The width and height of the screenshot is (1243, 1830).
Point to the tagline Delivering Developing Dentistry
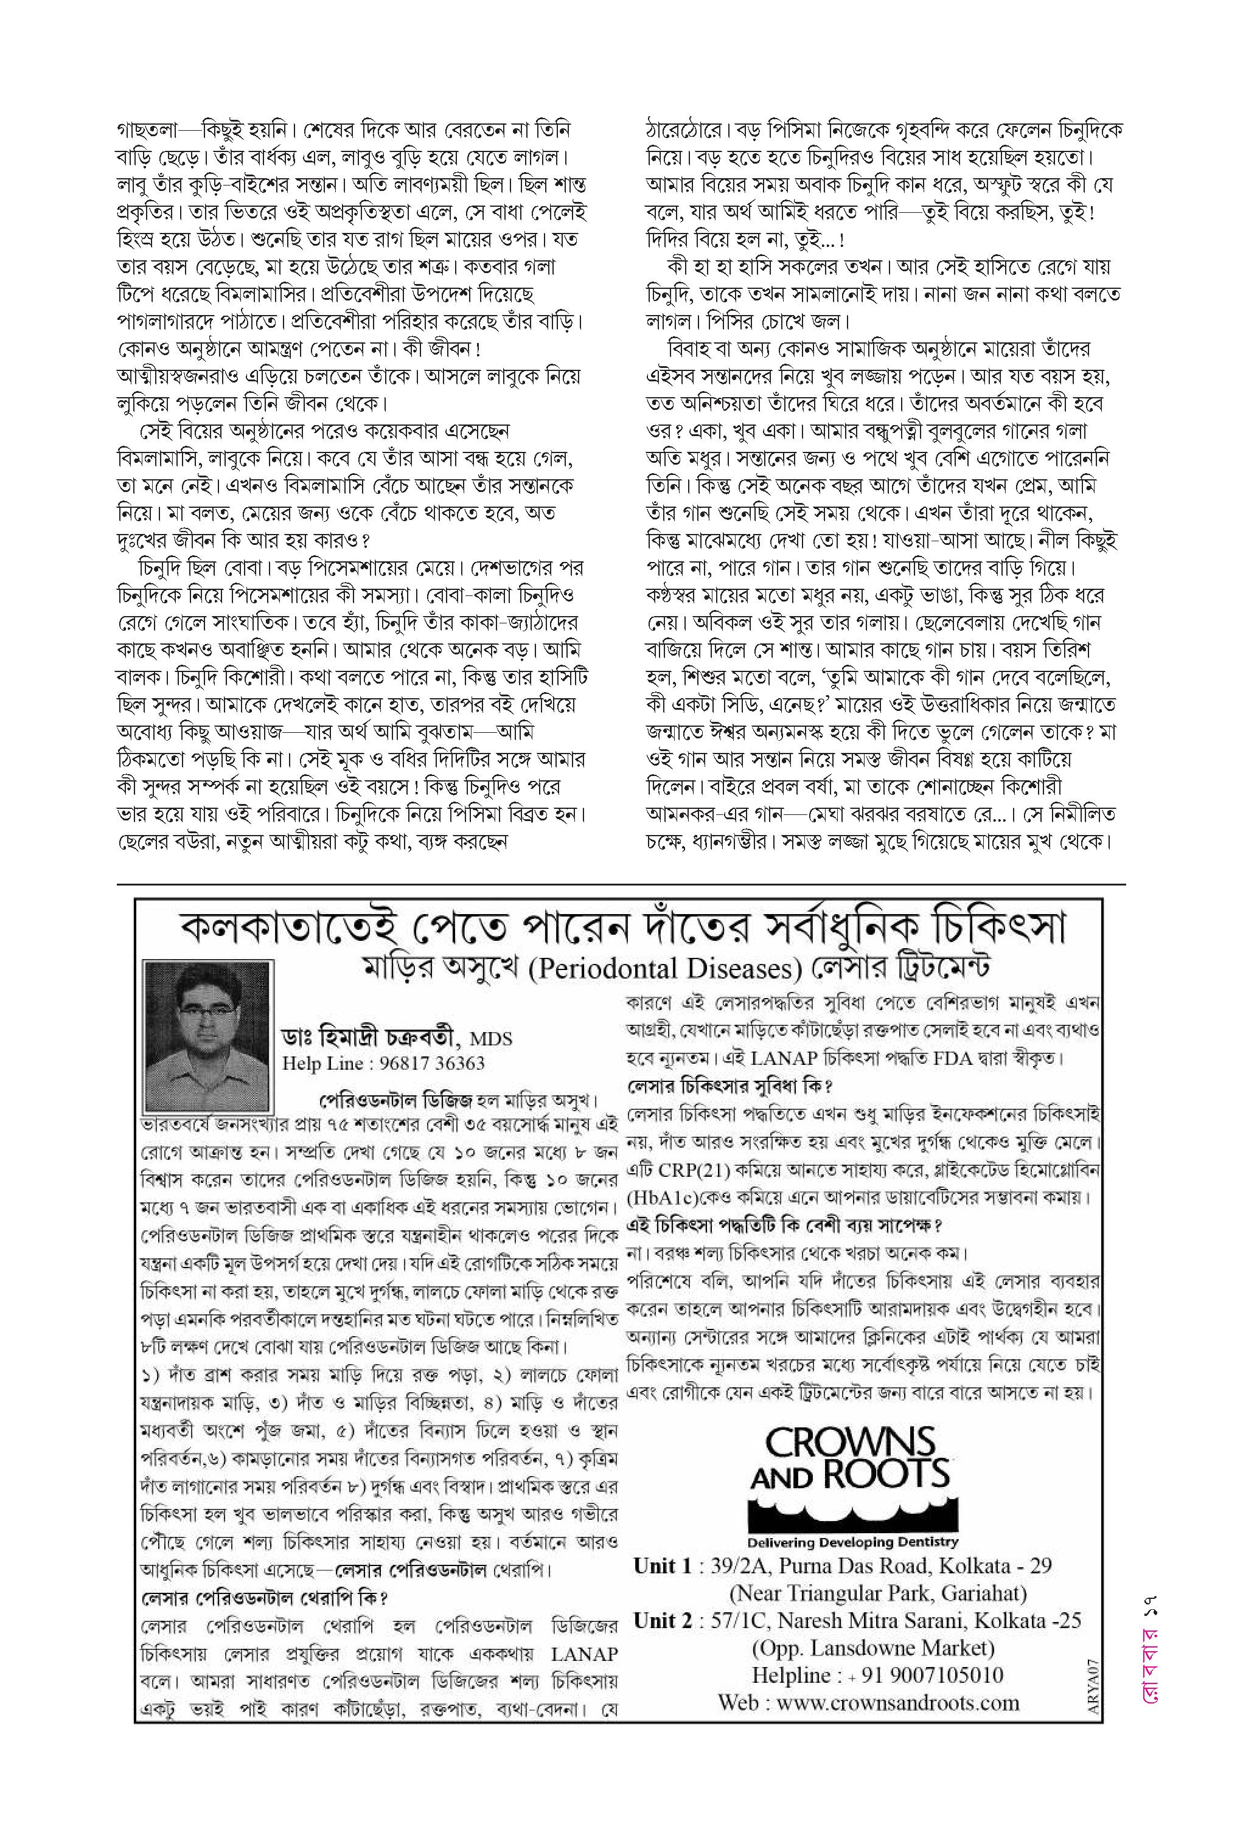pos(852,1542)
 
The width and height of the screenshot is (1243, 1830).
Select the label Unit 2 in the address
pos(664,1621)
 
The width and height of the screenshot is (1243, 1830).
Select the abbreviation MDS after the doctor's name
pos(492,1039)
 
